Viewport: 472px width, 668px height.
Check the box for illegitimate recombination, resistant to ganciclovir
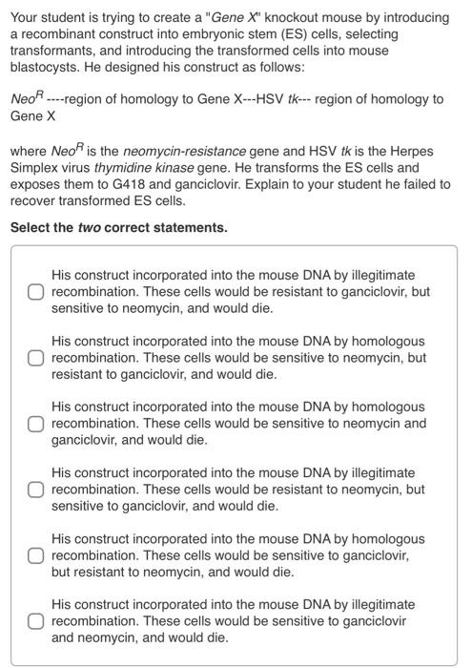click(x=35, y=291)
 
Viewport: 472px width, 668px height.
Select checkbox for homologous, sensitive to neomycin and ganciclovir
click(x=35, y=423)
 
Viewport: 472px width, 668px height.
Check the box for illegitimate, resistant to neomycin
click(x=35, y=489)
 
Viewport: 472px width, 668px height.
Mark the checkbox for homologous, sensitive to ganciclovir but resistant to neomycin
click(x=35, y=554)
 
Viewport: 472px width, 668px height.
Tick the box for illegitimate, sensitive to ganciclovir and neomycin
click(x=35, y=620)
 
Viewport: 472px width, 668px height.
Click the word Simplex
click(x=36, y=168)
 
